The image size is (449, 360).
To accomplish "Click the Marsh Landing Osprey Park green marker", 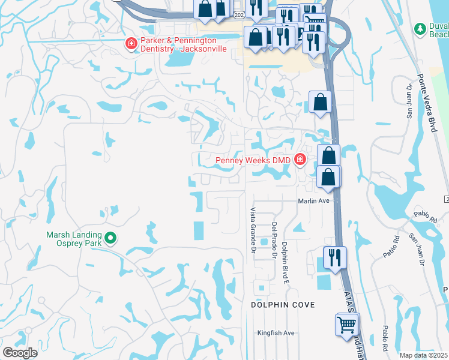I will coord(110,239).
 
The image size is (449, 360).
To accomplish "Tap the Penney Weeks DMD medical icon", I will coord(300,160).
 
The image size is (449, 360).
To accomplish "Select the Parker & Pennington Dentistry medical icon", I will coord(130,43).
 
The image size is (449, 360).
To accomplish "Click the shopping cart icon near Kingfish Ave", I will coord(346,325).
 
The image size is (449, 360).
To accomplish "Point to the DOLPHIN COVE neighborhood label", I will coord(283,305).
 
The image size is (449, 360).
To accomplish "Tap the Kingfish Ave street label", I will coord(276,333).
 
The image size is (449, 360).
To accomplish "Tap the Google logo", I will coord(20,353).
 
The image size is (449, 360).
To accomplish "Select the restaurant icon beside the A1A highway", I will coord(334,258).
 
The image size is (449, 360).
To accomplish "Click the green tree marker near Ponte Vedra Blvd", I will coord(420,28).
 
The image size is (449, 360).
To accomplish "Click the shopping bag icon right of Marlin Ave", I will coord(328,178).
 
